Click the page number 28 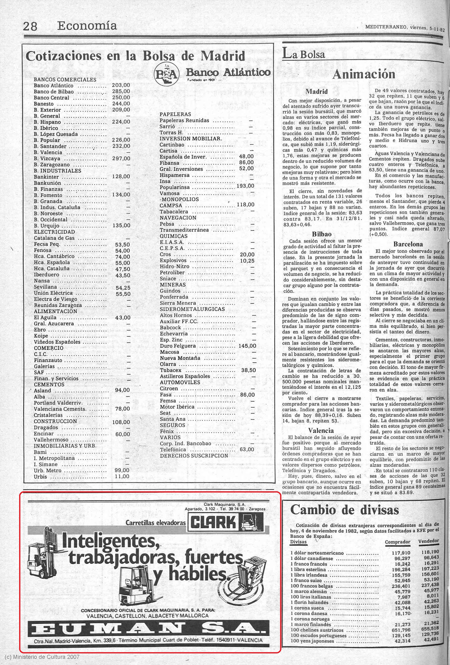(30, 26)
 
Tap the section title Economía (87, 26)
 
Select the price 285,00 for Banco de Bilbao (121, 92)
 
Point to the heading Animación (364, 74)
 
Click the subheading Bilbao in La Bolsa (322, 234)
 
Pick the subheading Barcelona (408, 244)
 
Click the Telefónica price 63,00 (247, 449)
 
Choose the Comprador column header (397, 542)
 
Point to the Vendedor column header (428, 541)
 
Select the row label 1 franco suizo (306, 581)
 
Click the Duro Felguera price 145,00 (247, 346)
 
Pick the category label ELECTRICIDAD (54, 232)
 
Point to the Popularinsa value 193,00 (245, 186)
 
